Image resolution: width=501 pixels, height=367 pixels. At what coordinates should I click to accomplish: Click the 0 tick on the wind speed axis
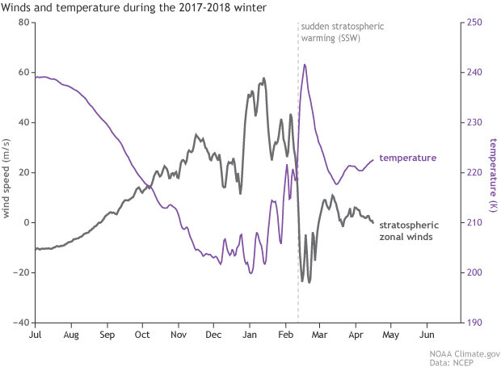[26, 222]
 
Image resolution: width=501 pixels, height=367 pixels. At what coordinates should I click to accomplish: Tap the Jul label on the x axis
[36, 334]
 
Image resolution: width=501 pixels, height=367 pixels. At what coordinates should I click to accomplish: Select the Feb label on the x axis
[286, 334]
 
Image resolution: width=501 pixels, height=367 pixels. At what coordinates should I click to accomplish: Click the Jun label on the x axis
[428, 334]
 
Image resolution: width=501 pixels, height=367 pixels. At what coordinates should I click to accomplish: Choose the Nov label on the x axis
[178, 334]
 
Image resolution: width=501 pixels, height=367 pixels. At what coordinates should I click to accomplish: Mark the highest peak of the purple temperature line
[305, 65]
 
